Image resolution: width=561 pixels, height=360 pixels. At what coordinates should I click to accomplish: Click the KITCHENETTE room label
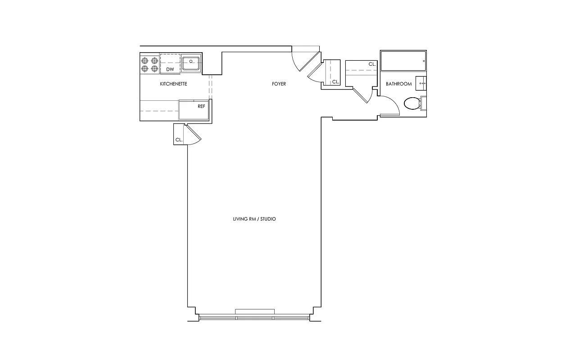coord(173,84)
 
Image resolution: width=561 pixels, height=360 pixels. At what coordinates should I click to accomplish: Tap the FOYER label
coord(279,84)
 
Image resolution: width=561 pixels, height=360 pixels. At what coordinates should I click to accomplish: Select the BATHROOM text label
coord(398,84)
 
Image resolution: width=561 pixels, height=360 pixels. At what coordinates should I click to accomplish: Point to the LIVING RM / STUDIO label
coord(254,219)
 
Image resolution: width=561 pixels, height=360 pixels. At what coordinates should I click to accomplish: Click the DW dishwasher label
coord(170,69)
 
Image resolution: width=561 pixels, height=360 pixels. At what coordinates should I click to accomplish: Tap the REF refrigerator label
coord(201,107)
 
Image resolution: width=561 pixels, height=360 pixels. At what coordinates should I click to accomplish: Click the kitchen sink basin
coord(191,63)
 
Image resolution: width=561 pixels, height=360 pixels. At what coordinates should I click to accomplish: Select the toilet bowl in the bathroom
coord(412,104)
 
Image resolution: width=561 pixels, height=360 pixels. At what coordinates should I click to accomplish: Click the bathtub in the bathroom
coord(403,61)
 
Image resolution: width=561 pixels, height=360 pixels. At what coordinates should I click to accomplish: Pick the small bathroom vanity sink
coord(422,83)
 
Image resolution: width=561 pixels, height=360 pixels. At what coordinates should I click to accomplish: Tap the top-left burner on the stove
coord(145,61)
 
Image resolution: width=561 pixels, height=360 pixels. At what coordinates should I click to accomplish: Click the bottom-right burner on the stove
coord(154,69)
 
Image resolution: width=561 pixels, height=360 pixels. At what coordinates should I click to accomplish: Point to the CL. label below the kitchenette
coord(179,140)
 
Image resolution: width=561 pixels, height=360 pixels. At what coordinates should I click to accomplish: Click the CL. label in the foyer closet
coord(335,82)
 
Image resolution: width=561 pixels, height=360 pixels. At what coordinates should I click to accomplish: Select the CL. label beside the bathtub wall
coord(372,64)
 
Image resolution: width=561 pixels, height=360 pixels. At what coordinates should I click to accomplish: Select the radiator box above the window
coord(255,312)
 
